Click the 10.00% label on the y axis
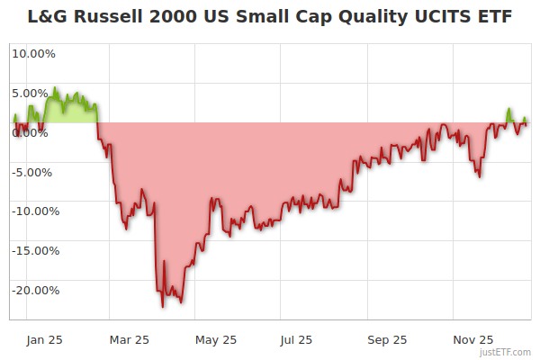point(33,53)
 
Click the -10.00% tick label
point(33,211)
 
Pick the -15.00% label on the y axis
point(33,251)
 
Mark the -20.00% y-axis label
point(33,291)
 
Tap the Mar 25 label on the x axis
point(128,339)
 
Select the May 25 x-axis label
point(216,339)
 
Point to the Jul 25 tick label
point(296,339)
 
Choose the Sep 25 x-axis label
point(387,339)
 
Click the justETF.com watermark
point(506,352)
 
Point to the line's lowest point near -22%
point(163,307)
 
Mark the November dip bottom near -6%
point(480,176)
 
